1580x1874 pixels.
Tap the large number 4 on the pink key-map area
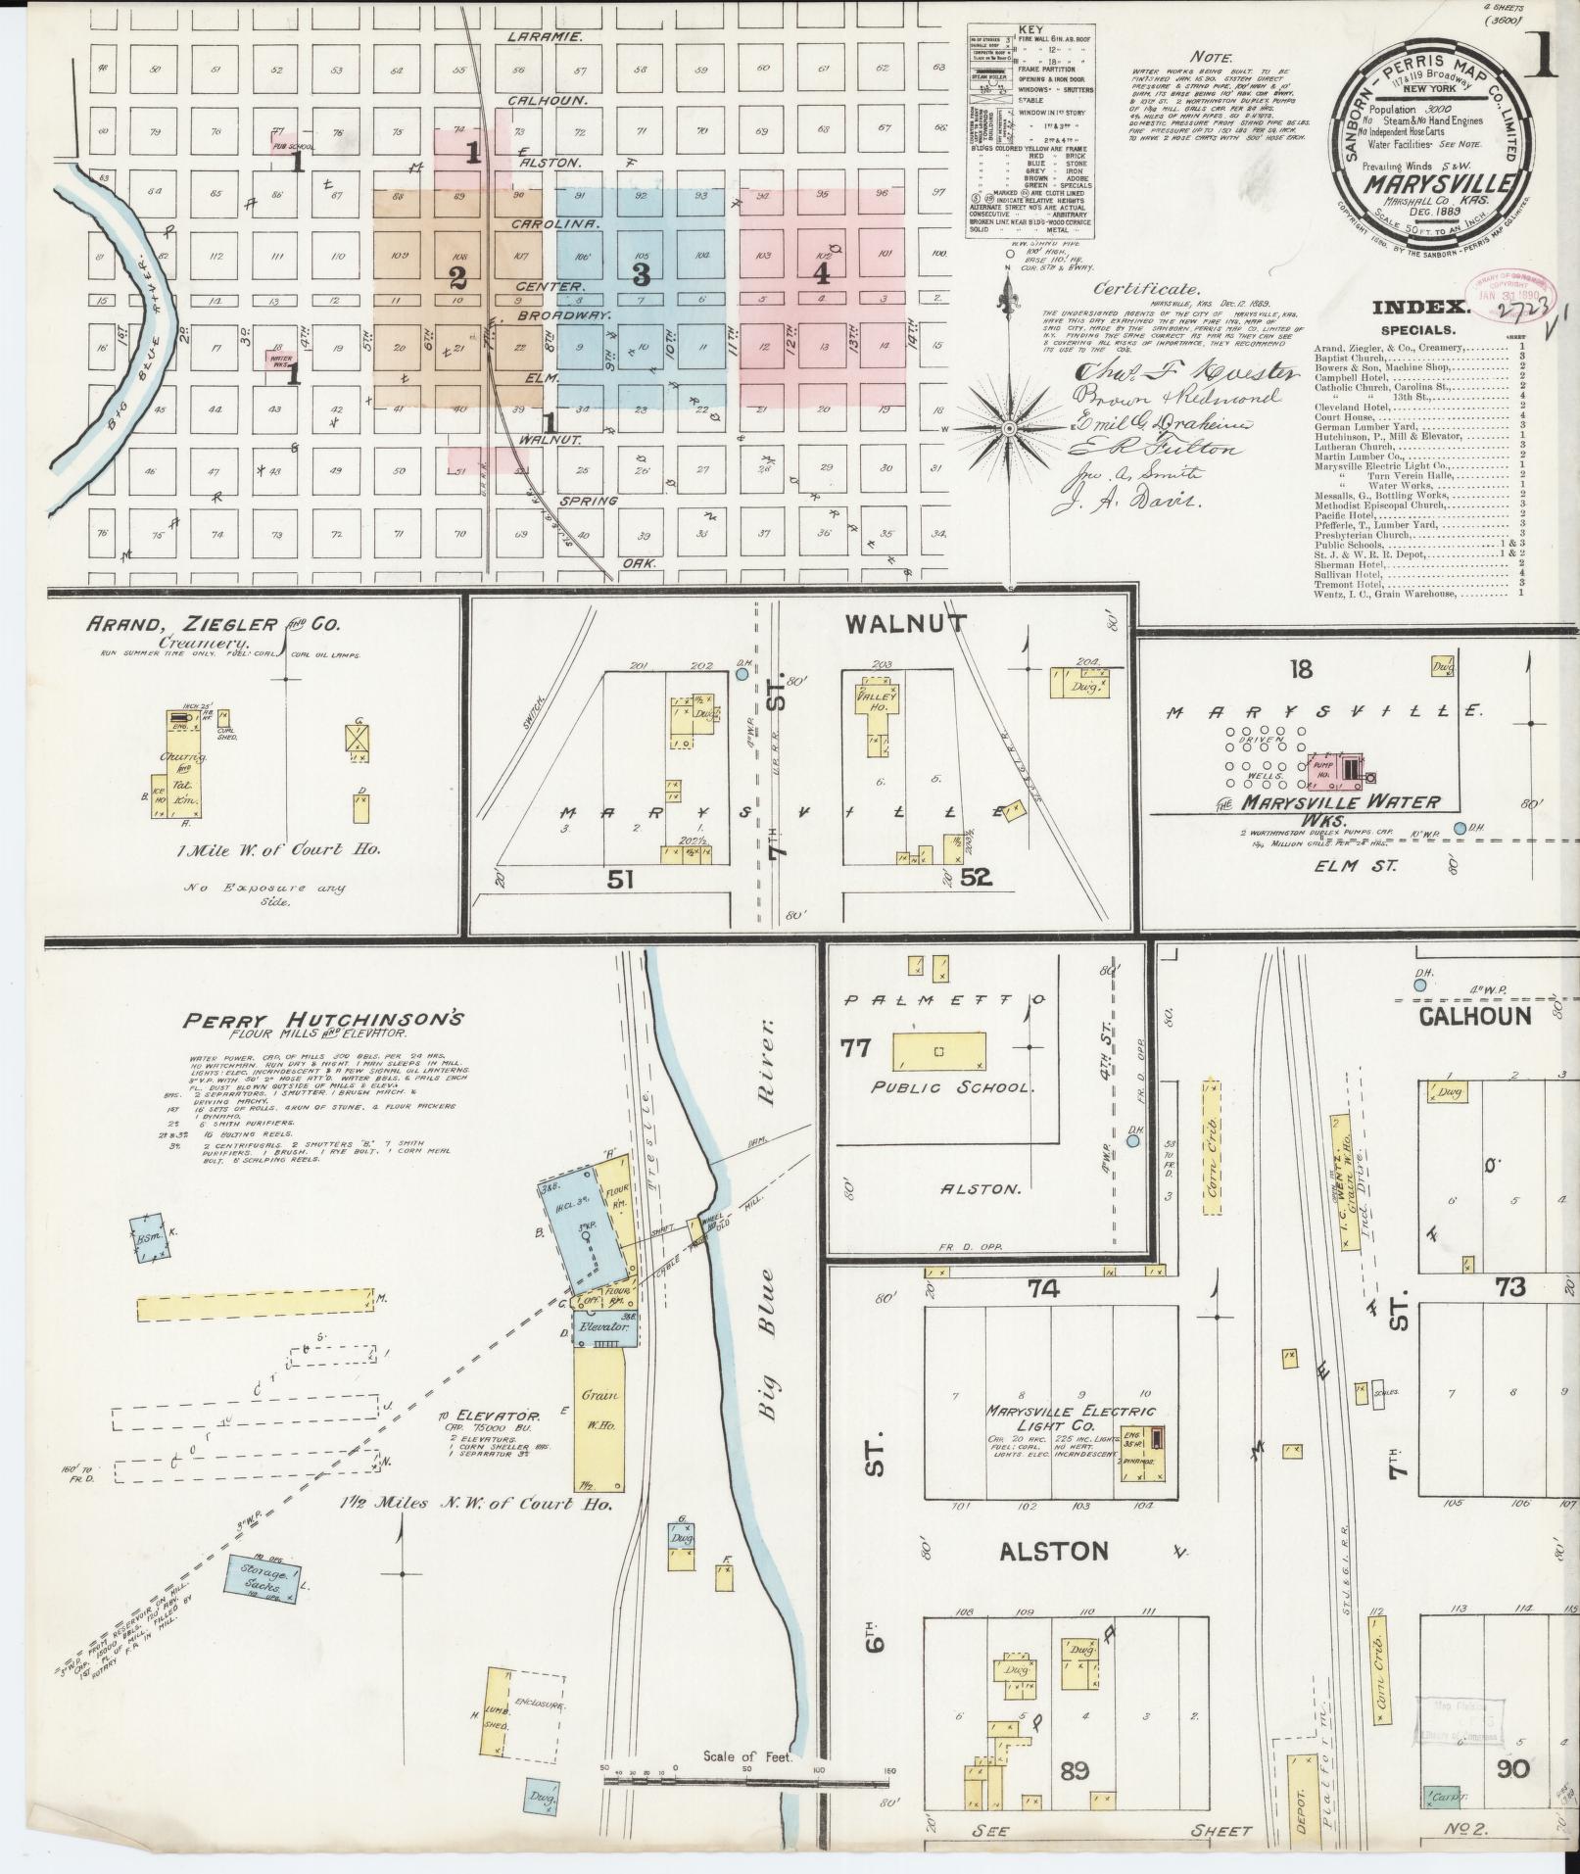click(822, 273)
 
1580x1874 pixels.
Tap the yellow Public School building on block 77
click(938, 1051)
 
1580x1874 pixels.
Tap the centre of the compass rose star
click(1008, 429)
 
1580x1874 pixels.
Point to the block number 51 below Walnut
click(620, 879)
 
